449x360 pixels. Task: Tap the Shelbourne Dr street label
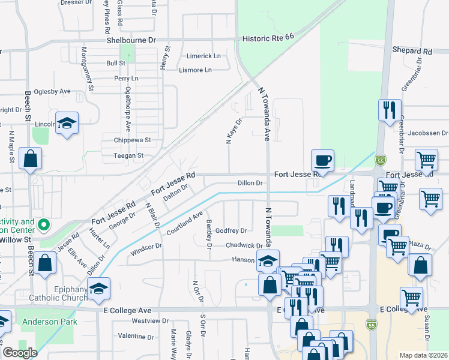[x=131, y=40]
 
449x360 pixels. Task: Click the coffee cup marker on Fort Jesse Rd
[x=322, y=161]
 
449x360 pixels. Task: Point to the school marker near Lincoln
[x=67, y=124]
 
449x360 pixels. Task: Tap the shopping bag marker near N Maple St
[x=30, y=160]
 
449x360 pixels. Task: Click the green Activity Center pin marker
[x=43, y=225]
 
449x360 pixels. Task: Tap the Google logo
[x=20, y=353]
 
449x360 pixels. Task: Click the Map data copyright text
[x=424, y=355]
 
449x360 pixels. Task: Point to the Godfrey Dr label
[x=231, y=230]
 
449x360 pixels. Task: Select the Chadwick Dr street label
[x=244, y=245]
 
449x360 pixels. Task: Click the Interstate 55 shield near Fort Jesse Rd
[x=381, y=160]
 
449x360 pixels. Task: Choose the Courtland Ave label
[x=189, y=223]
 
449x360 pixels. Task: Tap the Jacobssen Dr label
[x=428, y=133]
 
